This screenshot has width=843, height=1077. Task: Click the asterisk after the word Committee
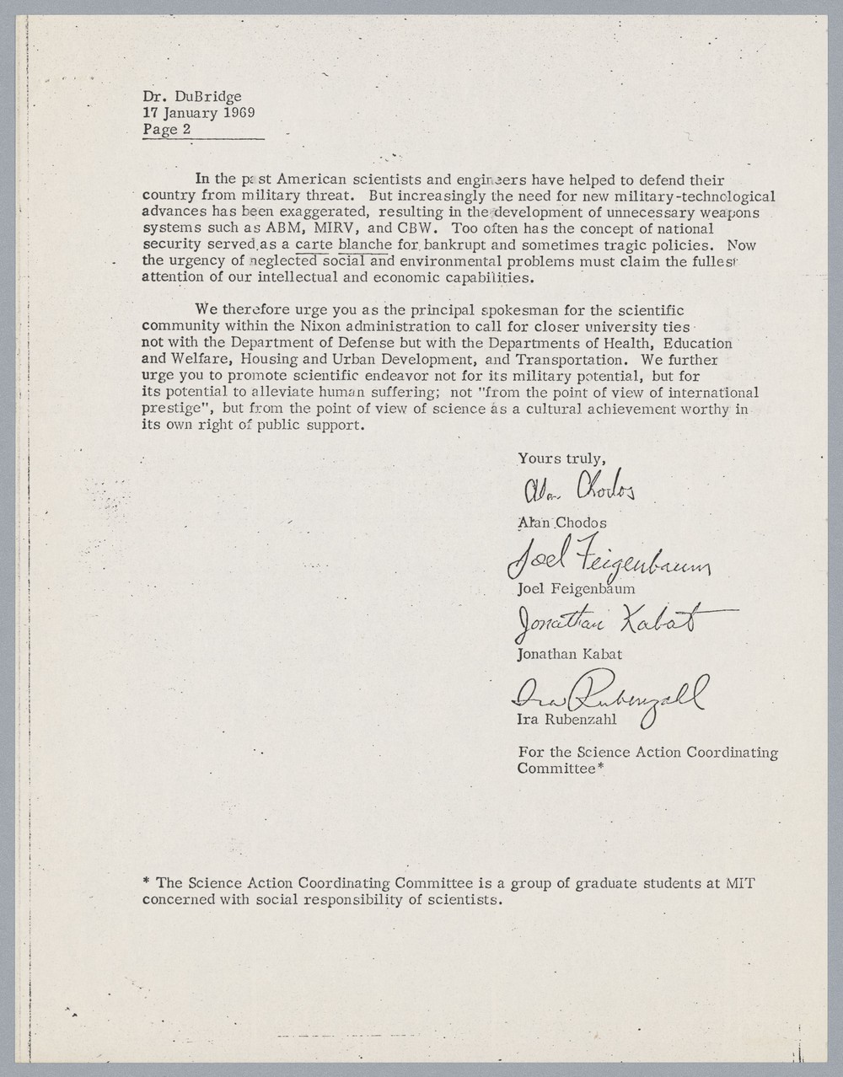(601, 768)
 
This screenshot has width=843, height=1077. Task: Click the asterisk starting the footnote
(147, 883)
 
